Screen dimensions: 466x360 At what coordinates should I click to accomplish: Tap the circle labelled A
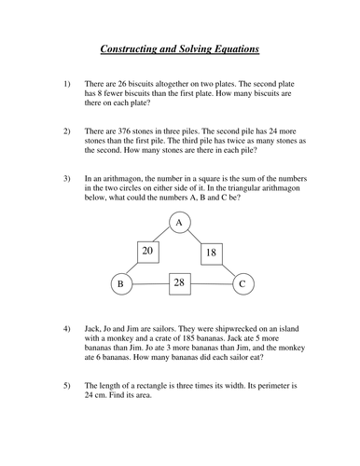[x=180, y=221]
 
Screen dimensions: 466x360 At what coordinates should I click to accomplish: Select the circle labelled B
[x=119, y=283]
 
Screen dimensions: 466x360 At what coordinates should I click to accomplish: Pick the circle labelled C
[x=242, y=283]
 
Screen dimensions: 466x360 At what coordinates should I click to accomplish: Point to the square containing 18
[x=211, y=252]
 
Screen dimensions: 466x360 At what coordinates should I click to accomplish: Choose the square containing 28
[x=180, y=281]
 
